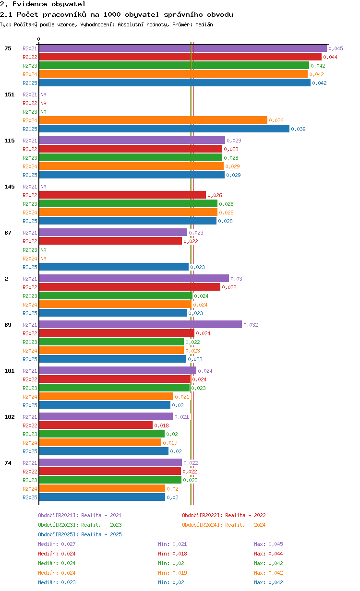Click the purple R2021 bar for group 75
pos(183,48)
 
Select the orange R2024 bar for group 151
pos(153,120)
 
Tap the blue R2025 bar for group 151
pos(165,129)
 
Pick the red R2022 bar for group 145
pos(122,195)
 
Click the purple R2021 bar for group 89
pos(141,324)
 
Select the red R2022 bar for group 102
pos(96,426)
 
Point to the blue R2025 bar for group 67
pos(114,267)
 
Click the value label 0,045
pos(336,48)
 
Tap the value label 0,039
pos(298,129)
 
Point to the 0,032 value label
pos(251,325)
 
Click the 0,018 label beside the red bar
pos(162,426)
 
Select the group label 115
pos(10,141)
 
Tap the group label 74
pos(8,463)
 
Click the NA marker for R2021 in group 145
pos(43,187)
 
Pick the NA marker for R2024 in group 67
pos(43,259)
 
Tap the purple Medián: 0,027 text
pos(57,544)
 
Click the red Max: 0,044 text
pos(268,554)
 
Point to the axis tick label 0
pos(38,39)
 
